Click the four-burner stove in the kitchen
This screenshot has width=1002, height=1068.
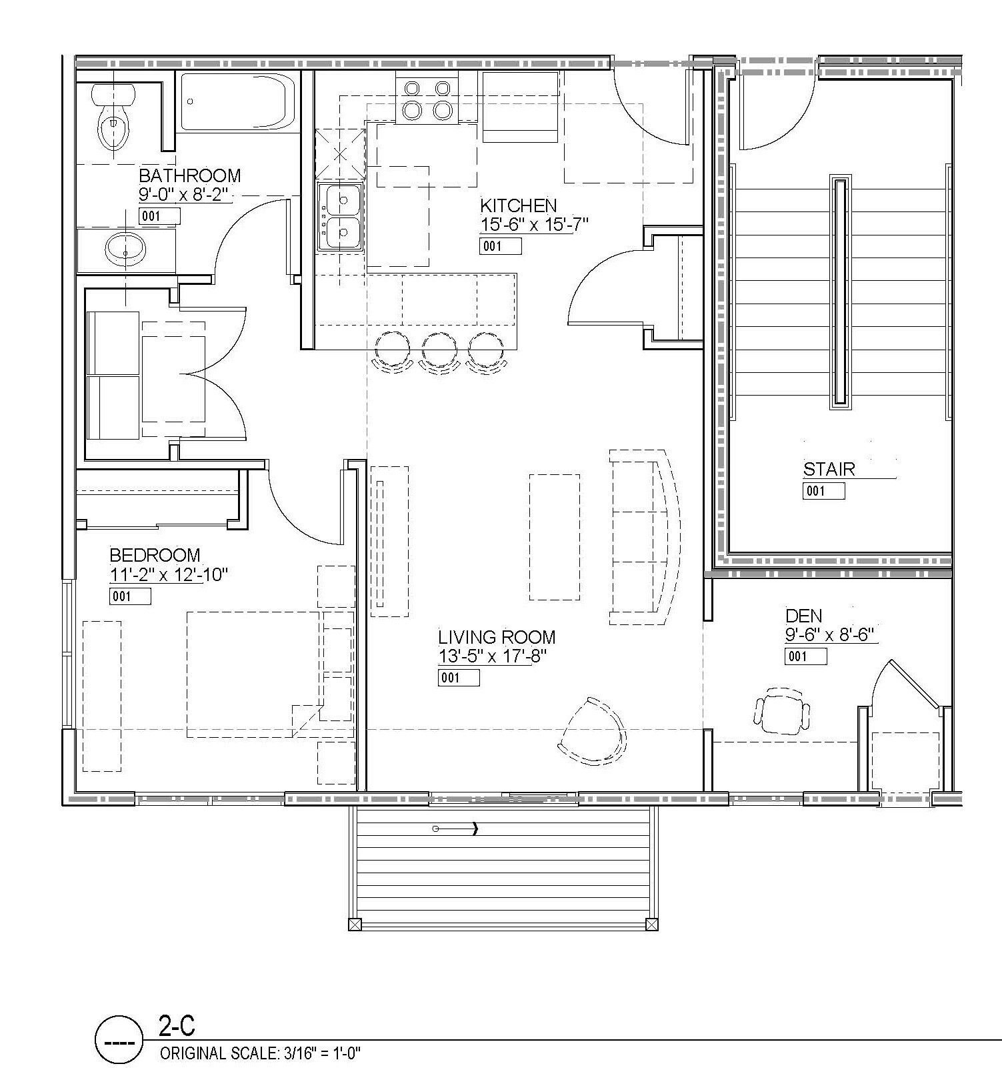pyautogui.click(x=427, y=99)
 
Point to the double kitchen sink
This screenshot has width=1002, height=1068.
pyautogui.click(x=340, y=216)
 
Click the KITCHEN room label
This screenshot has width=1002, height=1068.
pyautogui.click(x=518, y=205)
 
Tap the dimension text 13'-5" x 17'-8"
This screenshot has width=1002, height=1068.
pyautogui.click(x=492, y=656)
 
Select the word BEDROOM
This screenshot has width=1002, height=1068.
pyautogui.click(x=155, y=555)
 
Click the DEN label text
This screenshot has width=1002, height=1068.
pyautogui.click(x=803, y=616)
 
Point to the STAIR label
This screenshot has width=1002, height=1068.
pyautogui.click(x=829, y=469)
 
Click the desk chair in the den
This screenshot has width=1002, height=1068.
pyautogui.click(x=783, y=713)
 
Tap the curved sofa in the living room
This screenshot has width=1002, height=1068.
pyautogui.click(x=643, y=537)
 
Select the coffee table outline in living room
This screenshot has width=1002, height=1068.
pyautogui.click(x=554, y=536)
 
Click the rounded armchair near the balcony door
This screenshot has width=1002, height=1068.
pyautogui.click(x=593, y=732)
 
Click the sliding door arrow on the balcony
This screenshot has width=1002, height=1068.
pyautogui.click(x=455, y=829)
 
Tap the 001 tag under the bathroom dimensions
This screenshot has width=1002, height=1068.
pyautogui.click(x=159, y=216)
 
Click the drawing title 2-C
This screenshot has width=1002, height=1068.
pyautogui.click(x=177, y=1026)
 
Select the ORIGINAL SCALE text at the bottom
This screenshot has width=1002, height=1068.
pyautogui.click(x=260, y=1053)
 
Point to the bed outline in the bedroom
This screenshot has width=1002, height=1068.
pyautogui.click(x=254, y=674)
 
